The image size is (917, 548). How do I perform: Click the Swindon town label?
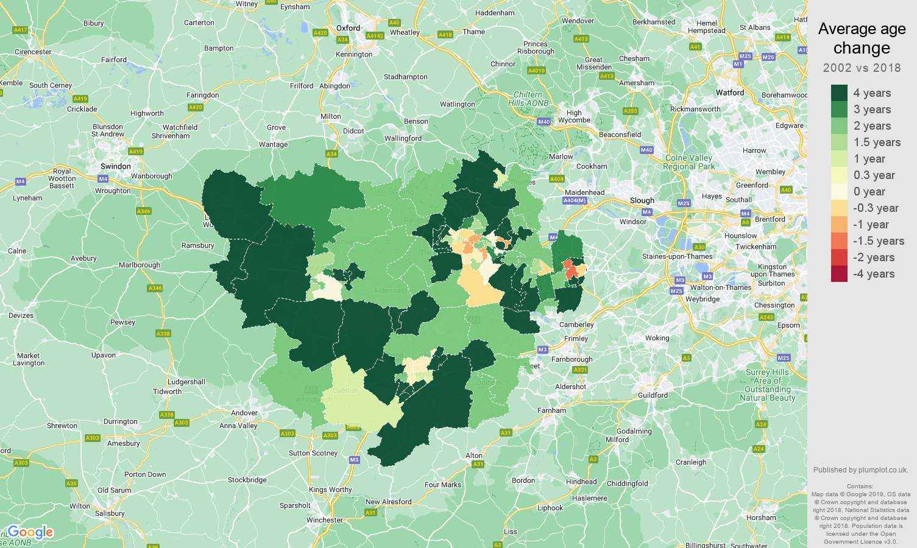tap(116, 166)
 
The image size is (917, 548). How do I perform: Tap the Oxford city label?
tap(348, 28)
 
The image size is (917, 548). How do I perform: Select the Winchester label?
tap(325, 520)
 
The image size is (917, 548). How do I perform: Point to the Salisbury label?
tap(110, 513)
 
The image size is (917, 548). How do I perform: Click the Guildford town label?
tap(653, 395)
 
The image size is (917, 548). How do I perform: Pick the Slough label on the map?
tap(642, 200)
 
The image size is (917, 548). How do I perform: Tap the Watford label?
tap(730, 93)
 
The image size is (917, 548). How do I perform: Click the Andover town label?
tap(244, 413)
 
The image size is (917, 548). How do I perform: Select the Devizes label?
tap(21, 315)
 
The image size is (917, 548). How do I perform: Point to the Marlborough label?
tap(140, 265)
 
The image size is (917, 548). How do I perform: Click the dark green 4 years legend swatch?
tap(839, 93)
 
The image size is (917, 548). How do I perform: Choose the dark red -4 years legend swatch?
tap(839, 274)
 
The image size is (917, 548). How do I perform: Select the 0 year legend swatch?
tap(839, 191)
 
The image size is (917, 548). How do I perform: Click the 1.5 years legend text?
tap(877, 142)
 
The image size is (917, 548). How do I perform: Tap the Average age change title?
tap(862, 38)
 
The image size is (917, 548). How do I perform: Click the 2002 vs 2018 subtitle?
tap(862, 68)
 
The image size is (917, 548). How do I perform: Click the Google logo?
tap(30, 532)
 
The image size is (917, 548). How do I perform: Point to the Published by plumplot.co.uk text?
tap(860, 470)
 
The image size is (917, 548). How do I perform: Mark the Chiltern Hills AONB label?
tap(528, 99)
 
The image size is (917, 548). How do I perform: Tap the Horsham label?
tap(761, 518)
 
